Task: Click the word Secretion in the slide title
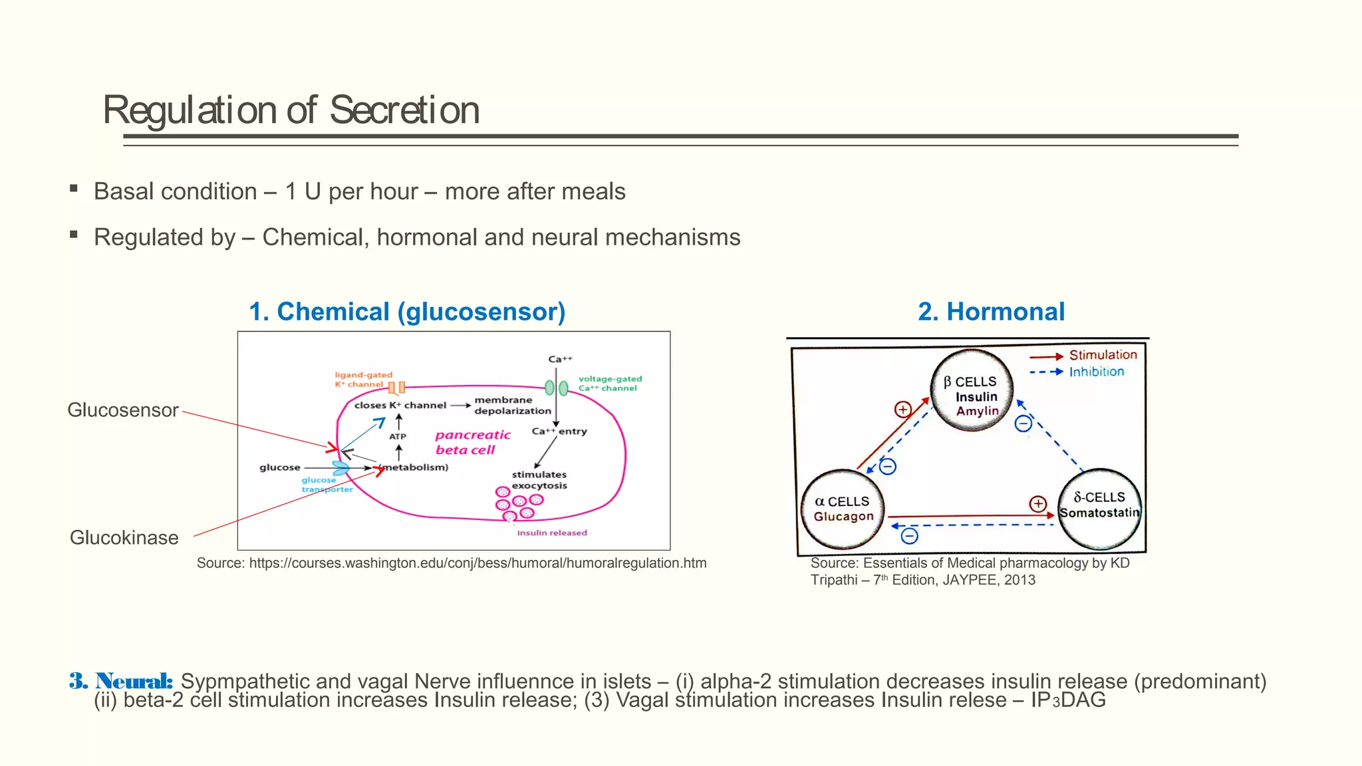[404, 110]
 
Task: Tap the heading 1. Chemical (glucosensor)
[407, 312]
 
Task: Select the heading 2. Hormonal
[991, 312]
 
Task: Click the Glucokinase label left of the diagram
[124, 537]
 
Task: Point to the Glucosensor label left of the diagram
[123, 410]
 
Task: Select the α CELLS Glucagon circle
[843, 509]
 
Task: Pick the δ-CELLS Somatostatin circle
[1099, 509]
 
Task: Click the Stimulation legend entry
[1102, 355]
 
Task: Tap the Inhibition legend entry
[1096, 372]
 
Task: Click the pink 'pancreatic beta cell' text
[472, 442]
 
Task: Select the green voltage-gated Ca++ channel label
[609, 384]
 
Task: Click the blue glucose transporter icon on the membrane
[341, 469]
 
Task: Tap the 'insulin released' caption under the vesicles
[552, 533]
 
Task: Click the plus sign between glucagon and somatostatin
[1037, 503]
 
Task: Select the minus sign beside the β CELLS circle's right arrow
[1023, 423]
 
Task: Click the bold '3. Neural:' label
[121, 681]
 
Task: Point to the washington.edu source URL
[451, 563]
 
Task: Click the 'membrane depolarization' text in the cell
[512, 406]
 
